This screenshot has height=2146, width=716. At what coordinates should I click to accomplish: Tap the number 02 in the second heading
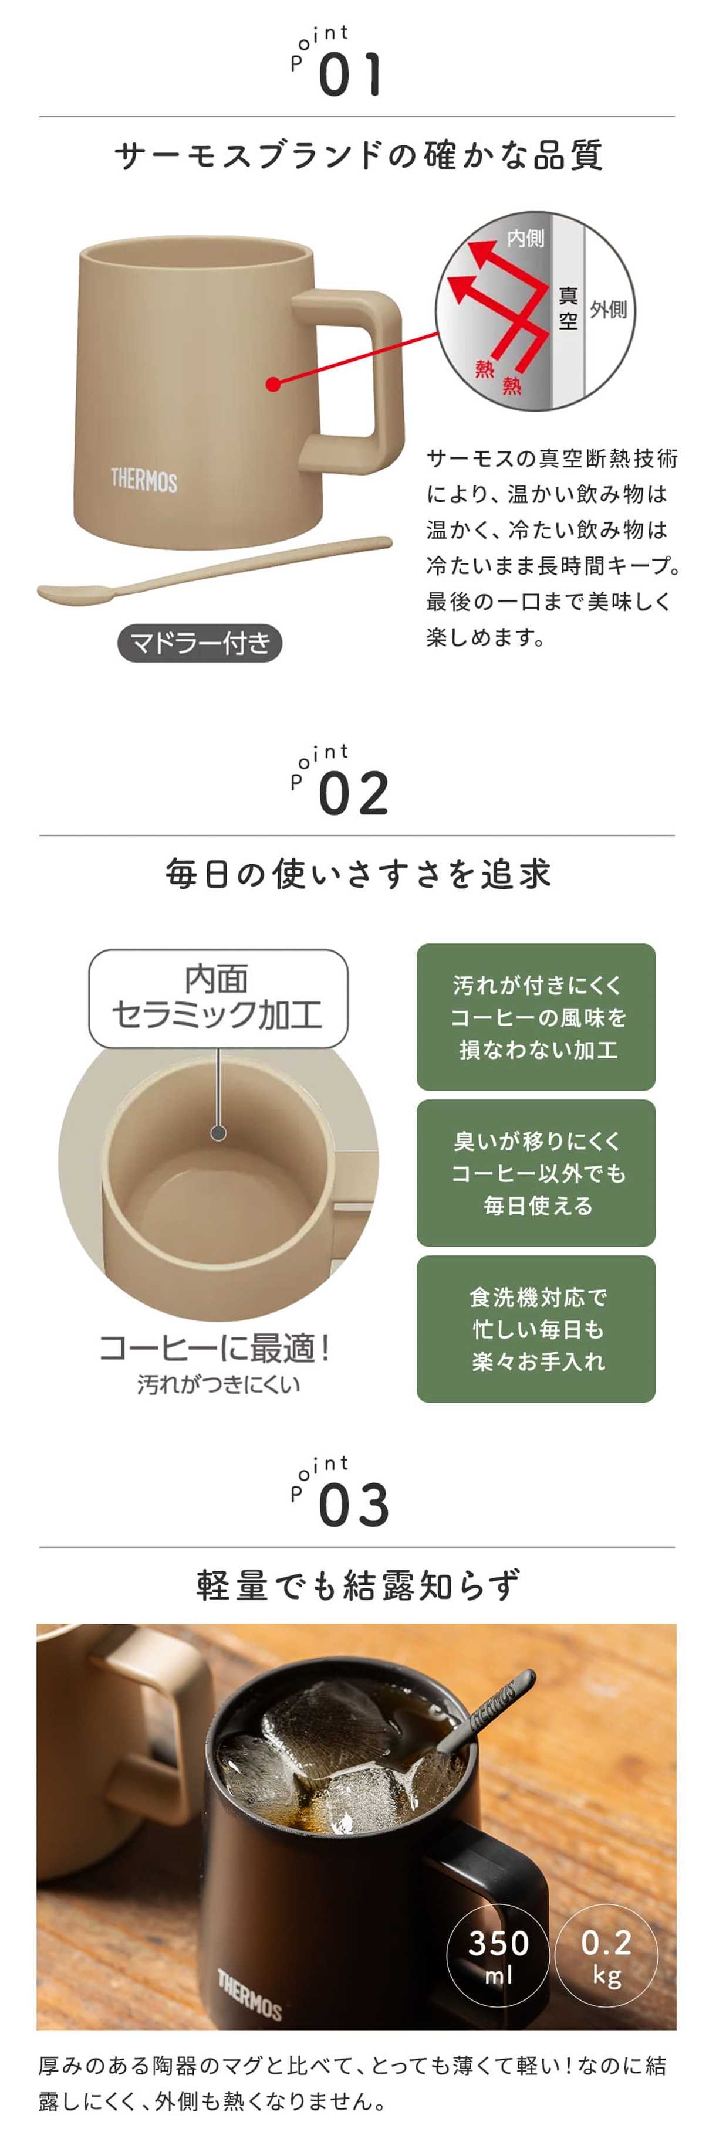353,793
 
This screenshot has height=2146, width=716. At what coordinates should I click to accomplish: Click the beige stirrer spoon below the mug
212,572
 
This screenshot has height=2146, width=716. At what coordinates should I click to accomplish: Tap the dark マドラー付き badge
200,643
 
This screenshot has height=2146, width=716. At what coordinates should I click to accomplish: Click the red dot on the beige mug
272,384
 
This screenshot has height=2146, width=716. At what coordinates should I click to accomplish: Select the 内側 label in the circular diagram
525,238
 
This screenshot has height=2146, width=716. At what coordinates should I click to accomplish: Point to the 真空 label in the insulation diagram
569,308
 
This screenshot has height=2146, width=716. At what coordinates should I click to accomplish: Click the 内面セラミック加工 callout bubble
218,998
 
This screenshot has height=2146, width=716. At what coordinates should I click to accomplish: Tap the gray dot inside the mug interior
218,1133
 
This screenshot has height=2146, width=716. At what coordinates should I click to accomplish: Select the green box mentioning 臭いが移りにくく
536,1173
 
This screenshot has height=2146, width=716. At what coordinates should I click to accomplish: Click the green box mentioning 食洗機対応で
536,1329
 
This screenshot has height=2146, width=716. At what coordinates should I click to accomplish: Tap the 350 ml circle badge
498,1954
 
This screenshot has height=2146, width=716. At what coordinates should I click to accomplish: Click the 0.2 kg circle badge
606,1954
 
